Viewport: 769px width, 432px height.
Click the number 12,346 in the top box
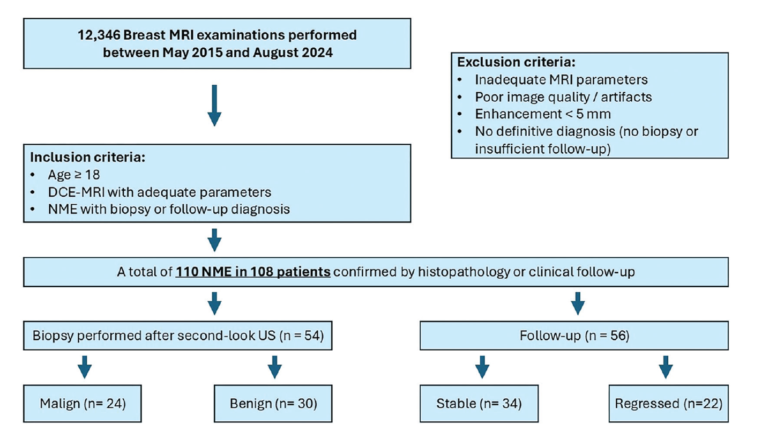click(x=99, y=35)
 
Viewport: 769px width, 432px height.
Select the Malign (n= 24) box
click(x=83, y=403)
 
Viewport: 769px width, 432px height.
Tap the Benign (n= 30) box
click(x=273, y=403)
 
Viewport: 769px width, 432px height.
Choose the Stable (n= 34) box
click(x=479, y=403)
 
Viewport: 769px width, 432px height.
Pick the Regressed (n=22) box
click(x=668, y=403)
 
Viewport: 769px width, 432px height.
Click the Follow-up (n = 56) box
click(x=574, y=336)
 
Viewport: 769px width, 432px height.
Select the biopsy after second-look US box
click(x=178, y=336)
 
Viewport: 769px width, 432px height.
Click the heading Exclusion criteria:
click(x=516, y=62)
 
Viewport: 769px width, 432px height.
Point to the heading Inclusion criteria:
click(x=87, y=157)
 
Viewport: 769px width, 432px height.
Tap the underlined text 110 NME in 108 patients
click(x=253, y=272)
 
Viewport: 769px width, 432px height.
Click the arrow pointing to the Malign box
click(x=85, y=367)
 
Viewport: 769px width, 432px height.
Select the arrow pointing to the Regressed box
click(x=666, y=367)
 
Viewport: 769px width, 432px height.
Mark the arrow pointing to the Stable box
click(x=482, y=367)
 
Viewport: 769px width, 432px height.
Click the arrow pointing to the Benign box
click(x=274, y=367)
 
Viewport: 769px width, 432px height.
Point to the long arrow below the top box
click(x=214, y=106)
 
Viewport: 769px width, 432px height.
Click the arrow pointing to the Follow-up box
click(x=578, y=303)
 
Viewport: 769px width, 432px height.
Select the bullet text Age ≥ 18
click(x=74, y=175)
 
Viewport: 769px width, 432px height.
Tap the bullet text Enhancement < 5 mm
click(x=543, y=114)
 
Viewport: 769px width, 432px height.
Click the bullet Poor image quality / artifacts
click(x=563, y=97)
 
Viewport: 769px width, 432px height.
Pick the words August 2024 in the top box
click(x=293, y=53)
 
